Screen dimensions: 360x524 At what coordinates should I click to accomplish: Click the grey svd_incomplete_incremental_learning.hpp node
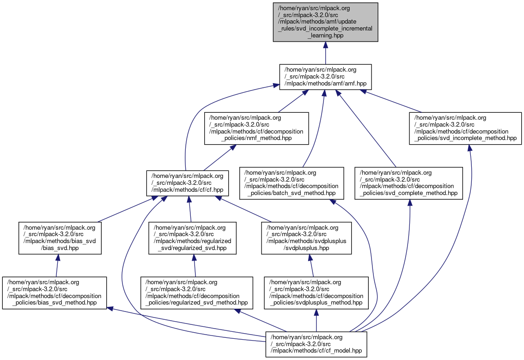325,22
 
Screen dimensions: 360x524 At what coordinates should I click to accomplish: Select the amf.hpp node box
325,77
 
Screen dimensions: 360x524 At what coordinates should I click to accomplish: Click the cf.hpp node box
185,183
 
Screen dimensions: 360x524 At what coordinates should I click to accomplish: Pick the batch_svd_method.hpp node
292,183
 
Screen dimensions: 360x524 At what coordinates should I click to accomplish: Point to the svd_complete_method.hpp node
408,183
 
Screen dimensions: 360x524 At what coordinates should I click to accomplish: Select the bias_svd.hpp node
60,238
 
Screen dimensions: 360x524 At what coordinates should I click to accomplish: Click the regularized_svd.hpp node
192,238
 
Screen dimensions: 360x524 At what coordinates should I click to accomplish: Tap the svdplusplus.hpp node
307,238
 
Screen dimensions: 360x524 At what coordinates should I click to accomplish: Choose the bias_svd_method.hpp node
54,293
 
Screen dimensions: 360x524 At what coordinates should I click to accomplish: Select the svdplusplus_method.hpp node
316,293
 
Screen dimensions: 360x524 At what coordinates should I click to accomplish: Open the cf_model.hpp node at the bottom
316,344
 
